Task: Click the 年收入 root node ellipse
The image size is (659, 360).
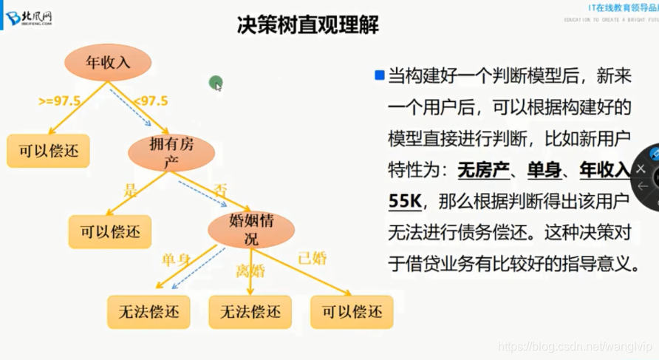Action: click(108, 63)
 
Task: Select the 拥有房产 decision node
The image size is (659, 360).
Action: click(171, 152)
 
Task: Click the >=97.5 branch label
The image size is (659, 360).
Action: click(60, 101)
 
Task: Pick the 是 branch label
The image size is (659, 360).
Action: click(132, 189)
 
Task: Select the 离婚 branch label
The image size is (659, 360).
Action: click(250, 271)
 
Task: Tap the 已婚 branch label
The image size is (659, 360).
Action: click(312, 258)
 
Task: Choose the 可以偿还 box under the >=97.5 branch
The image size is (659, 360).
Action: click(48, 152)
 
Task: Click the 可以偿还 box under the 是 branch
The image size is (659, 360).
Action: click(109, 231)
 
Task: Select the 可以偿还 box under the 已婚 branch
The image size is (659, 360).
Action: click(352, 311)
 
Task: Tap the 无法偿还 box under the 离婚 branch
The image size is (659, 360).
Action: click(250, 311)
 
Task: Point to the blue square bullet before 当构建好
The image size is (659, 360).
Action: click(379, 75)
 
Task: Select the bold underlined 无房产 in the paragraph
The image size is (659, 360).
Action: click(484, 169)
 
